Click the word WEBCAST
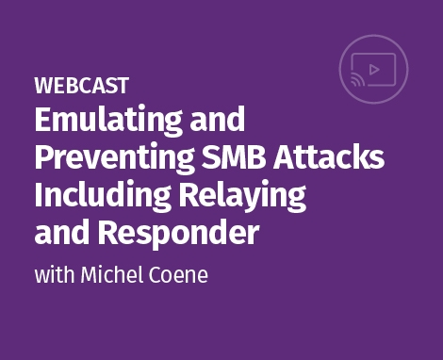(x=81, y=86)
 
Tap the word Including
(x=100, y=196)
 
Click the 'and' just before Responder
(x=60, y=232)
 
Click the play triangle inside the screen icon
(x=377, y=68)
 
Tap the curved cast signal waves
(x=355, y=82)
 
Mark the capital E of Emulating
(x=43, y=121)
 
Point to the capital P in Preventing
(x=43, y=157)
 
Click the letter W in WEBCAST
(x=43, y=86)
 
